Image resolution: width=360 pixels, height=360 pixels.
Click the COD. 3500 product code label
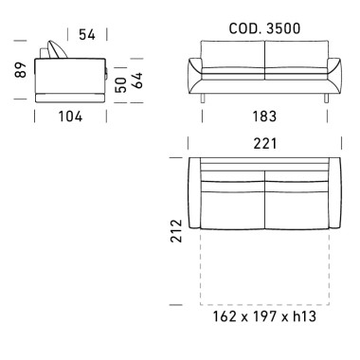coord(264,28)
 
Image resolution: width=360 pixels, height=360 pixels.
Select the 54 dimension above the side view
coord(87,34)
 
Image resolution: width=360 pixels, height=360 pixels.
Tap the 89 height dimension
coord(21,70)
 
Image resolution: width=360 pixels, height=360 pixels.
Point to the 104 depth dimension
coord(70,117)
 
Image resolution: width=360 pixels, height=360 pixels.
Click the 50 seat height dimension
coord(121,85)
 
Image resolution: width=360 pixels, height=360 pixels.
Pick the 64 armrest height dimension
coord(137,81)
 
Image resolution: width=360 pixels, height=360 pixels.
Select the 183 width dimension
coord(264,117)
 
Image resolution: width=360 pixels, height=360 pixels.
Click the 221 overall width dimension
coord(265,144)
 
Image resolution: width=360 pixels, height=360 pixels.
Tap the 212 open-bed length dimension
coord(176,231)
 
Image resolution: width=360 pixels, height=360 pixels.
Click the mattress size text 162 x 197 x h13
coord(264,316)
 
